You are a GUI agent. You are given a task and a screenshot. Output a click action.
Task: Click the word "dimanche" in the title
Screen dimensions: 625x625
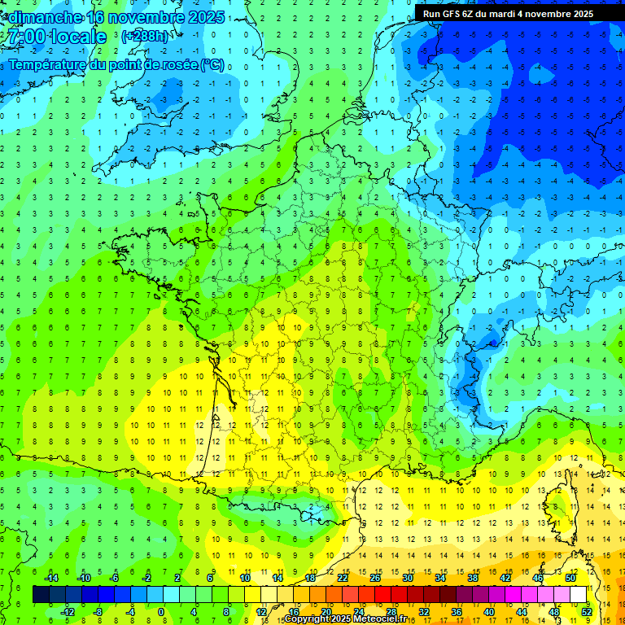[x=44, y=17]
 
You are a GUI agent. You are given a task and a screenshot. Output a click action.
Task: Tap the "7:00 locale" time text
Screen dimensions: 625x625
[x=55, y=37]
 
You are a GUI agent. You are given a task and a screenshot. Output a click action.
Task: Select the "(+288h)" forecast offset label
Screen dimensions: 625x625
[x=146, y=37]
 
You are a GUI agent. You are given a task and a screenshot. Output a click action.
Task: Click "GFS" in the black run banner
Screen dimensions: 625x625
[x=452, y=14]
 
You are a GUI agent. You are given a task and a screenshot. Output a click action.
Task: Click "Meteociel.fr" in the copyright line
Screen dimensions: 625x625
[x=380, y=619]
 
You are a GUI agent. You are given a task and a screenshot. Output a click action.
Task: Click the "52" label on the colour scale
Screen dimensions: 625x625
[x=587, y=611]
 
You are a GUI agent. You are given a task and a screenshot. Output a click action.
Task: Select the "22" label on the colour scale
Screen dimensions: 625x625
[x=343, y=578]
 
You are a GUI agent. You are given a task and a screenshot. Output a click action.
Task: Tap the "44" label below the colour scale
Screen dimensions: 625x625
[x=522, y=611]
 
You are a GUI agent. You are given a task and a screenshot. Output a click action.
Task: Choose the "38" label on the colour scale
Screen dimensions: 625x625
[x=473, y=578]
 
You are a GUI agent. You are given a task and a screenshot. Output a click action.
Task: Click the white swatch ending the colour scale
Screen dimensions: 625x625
[x=579, y=594]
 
